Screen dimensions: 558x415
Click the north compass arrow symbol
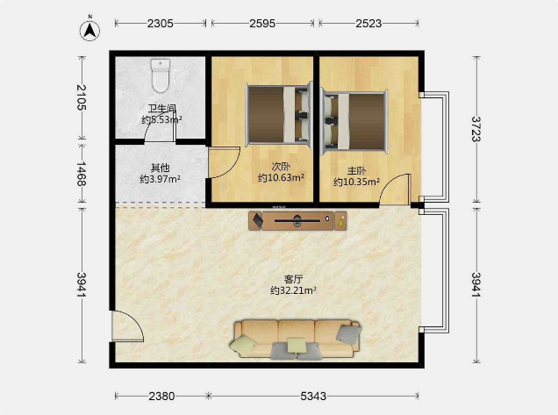pos(89,30)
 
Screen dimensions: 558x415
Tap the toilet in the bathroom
pos(161,75)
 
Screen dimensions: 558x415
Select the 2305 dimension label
pos(161,24)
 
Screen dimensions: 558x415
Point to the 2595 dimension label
pos(262,24)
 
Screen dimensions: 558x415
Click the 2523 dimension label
pos(368,24)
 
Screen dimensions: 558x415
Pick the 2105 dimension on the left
pos(82,97)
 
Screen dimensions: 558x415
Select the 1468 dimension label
pos(82,174)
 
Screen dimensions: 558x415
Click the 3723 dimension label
pos(476,129)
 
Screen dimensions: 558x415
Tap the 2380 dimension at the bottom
pos(161,397)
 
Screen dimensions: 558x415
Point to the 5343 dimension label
pos(313,397)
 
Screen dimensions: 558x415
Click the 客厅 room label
pos(293,279)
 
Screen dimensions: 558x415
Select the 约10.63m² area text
pos(281,177)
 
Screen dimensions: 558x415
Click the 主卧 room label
pos(356,171)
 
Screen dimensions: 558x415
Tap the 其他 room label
pos(161,168)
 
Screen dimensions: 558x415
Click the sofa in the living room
pos(296,340)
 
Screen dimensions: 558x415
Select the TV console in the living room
pos(297,221)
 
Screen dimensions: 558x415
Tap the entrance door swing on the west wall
pos(128,326)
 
